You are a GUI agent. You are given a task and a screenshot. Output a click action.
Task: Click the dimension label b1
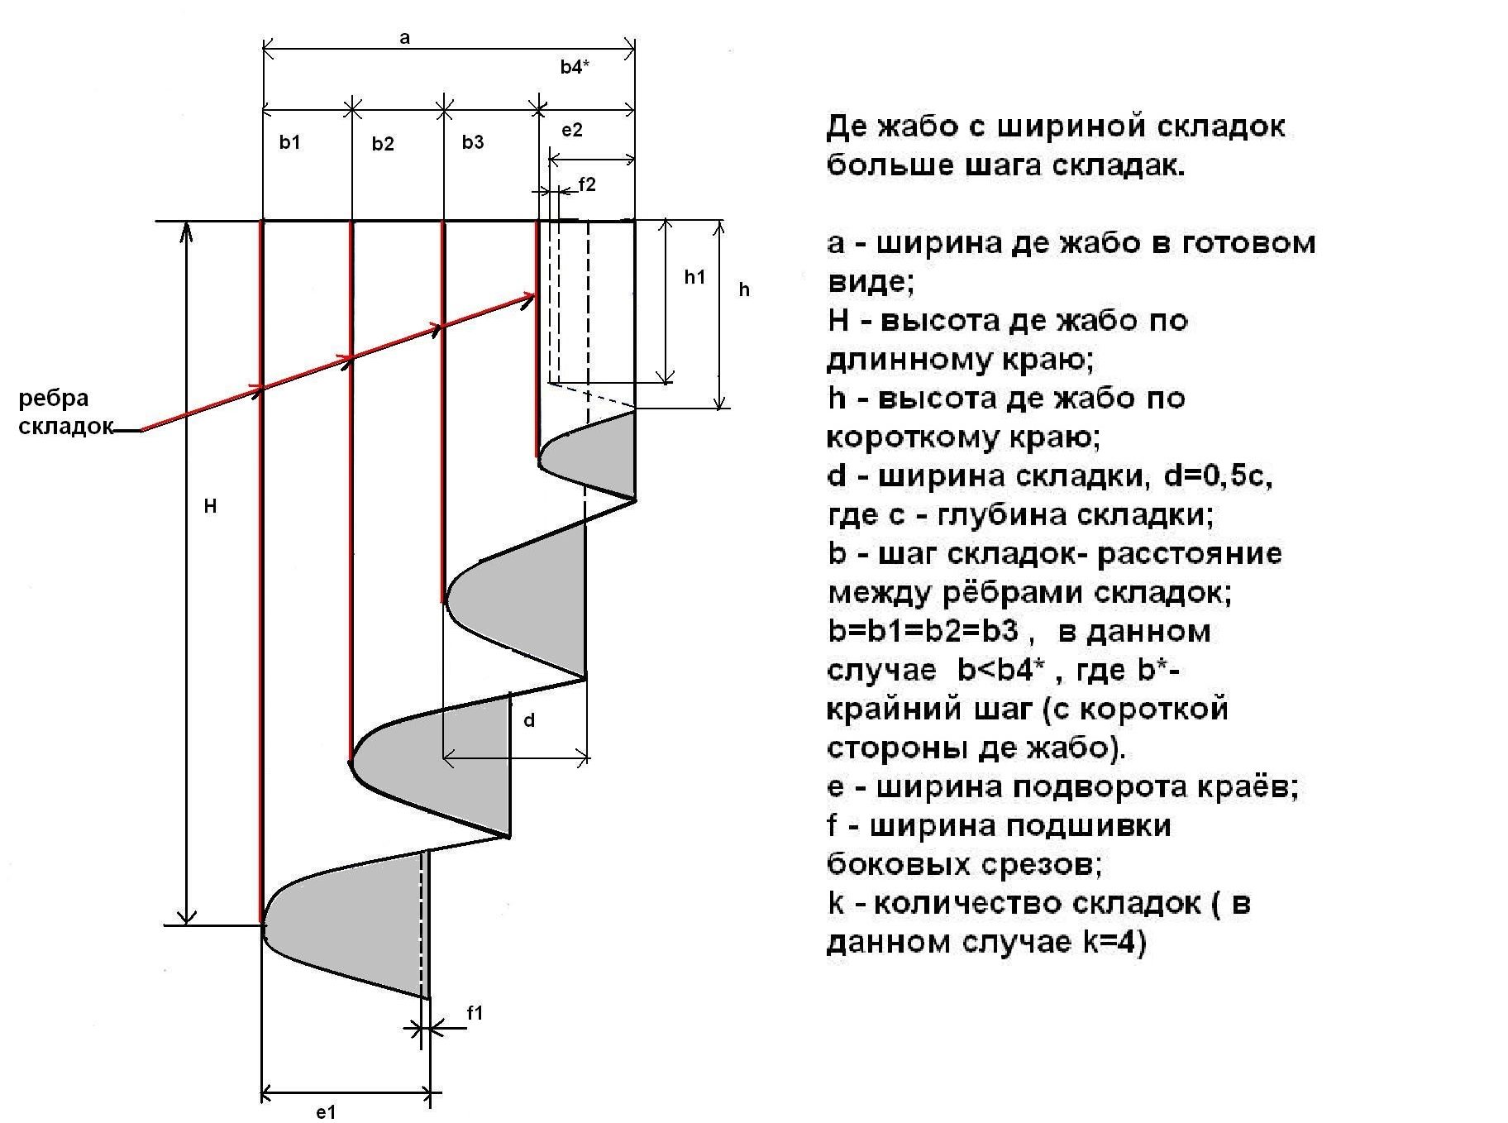pos(289,142)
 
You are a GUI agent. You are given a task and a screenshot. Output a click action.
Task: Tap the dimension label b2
pos(382,144)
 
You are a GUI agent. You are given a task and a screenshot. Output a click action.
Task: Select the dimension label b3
pos(473,142)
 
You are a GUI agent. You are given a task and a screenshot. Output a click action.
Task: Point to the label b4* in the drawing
pos(575,68)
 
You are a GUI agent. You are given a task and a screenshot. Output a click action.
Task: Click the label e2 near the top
pos(572,130)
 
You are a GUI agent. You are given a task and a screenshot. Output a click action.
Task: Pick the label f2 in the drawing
pos(586,184)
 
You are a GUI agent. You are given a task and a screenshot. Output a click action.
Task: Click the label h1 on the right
pos(694,277)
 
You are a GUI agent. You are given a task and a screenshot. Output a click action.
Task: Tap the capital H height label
pos(211,506)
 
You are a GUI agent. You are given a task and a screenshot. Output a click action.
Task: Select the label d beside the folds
pos(529,720)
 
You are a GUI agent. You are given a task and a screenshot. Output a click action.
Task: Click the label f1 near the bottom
pos(475,1012)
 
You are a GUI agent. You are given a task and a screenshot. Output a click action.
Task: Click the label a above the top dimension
pos(404,38)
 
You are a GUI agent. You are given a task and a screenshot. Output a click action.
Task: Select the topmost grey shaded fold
pos(595,455)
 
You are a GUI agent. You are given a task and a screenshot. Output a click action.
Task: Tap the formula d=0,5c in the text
pos(1217,476)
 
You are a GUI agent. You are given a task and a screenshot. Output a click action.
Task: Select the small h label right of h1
pos(744,289)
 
